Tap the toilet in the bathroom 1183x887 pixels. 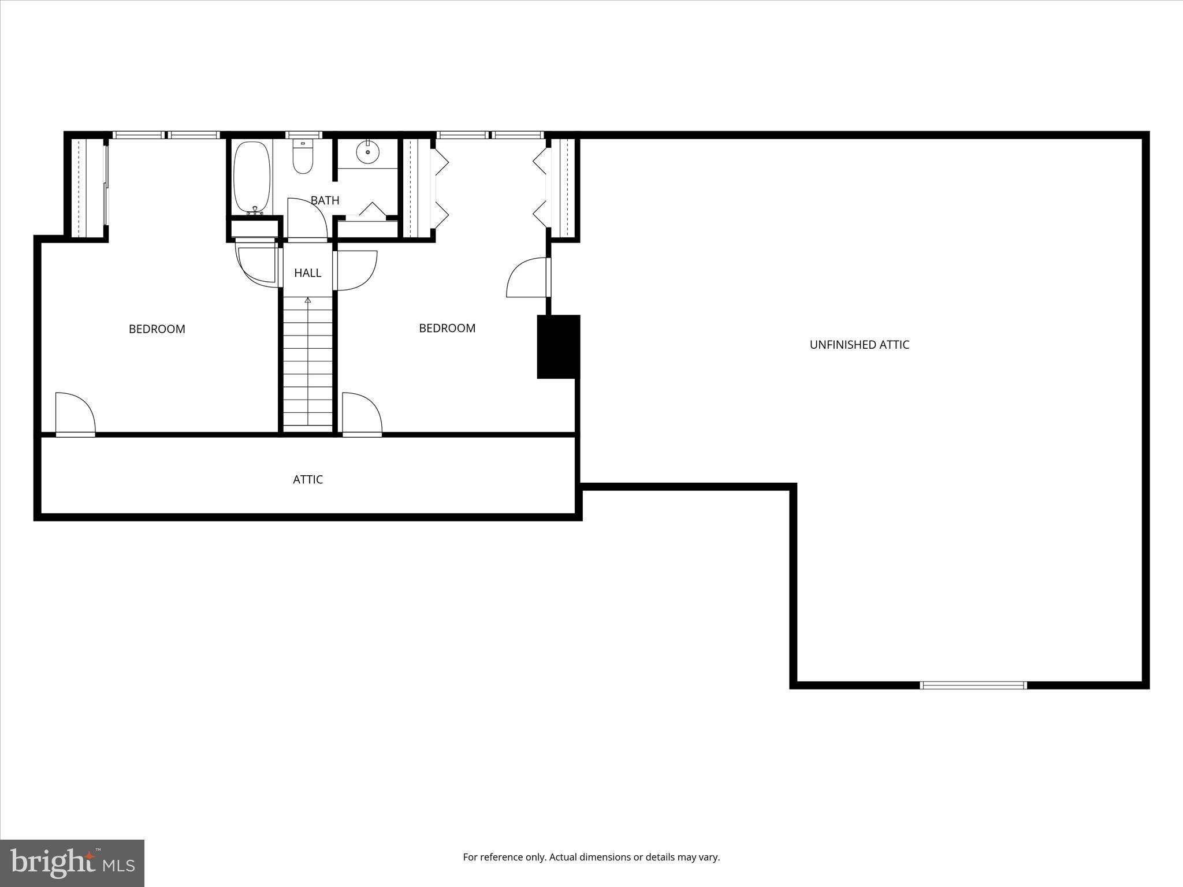click(302, 156)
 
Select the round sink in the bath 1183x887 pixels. click(367, 152)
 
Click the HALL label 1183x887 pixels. click(307, 273)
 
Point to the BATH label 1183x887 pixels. click(325, 200)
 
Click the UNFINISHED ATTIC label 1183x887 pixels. click(859, 345)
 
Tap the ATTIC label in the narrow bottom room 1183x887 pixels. click(307, 479)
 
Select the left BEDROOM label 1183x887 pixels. click(157, 329)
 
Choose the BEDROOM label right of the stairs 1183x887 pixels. click(447, 328)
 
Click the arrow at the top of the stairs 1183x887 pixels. click(308, 300)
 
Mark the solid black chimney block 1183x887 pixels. click(558, 346)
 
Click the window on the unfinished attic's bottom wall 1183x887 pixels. click(973, 685)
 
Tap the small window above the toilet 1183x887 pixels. click(304, 135)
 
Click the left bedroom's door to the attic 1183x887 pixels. click(75, 413)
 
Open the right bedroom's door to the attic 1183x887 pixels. click(362, 413)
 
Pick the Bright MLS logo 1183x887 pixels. click(72, 863)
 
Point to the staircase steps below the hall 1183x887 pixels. click(308, 364)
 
